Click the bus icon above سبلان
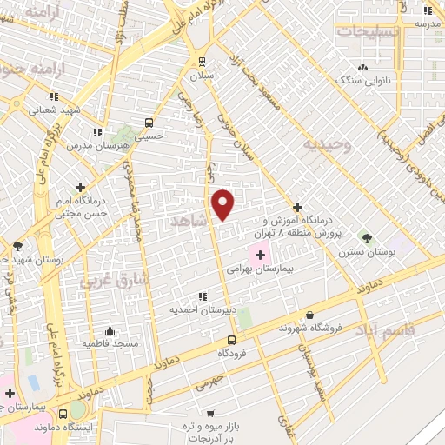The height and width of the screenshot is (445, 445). click(x=202, y=62)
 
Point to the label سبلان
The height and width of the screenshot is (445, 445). click(x=203, y=76)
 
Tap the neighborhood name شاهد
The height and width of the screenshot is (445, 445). click(x=193, y=222)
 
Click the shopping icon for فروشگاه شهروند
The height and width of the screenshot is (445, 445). click(x=310, y=315)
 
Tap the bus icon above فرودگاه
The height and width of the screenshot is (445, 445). click(x=231, y=340)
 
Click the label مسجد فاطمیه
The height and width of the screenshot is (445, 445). click(x=110, y=344)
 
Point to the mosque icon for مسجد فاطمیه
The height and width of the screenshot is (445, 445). click(x=110, y=330)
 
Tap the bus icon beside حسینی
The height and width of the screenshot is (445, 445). click(x=149, y=123)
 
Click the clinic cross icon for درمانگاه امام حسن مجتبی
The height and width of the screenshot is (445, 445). click(x=81, y=187)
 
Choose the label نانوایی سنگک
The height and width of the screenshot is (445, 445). click(x=362, y=79)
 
